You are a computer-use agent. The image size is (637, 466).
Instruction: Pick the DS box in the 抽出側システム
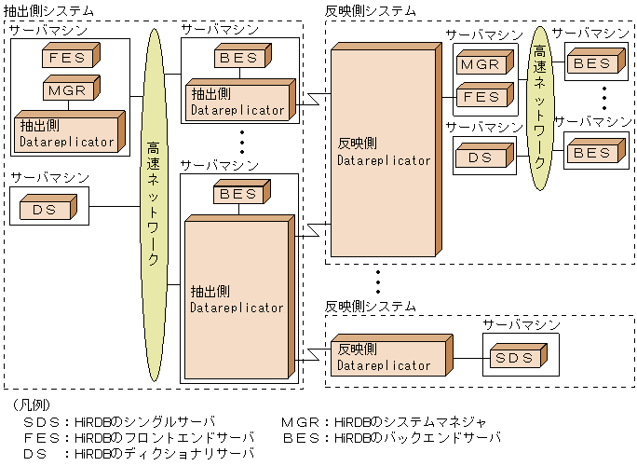46,209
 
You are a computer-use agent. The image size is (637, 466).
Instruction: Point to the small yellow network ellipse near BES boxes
538,108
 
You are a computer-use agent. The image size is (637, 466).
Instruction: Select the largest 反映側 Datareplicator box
384,150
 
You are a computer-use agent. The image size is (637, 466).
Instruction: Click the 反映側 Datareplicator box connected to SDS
384,358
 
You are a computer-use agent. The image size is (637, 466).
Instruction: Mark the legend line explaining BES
390,436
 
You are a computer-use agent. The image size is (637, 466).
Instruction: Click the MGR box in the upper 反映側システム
481,65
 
